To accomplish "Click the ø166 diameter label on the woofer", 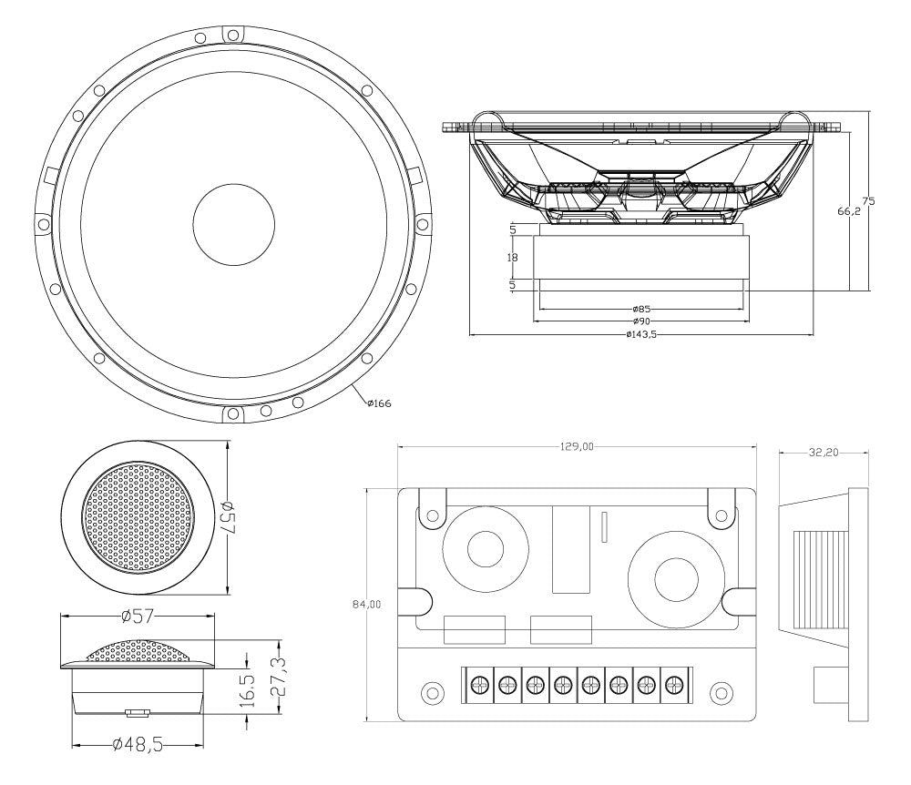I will [379, 403].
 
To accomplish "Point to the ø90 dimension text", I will [643, 321].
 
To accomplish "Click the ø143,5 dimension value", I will [641, 334].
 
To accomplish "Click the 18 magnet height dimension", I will [512, 258].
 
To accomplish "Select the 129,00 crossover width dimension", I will [577, 446].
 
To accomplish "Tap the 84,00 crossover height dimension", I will [366, 604].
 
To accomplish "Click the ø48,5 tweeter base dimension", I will [138, 745].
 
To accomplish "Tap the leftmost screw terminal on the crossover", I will [479, 682].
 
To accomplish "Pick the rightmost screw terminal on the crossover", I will [674, 682].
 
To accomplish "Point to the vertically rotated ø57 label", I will [229, 518].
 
